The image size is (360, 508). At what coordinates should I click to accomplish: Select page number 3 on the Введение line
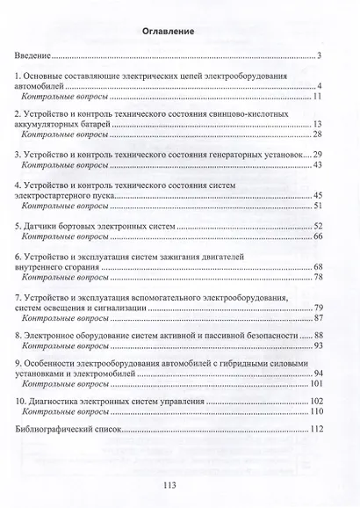pyautogui.click(x=320, y=57)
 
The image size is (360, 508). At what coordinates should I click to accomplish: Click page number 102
pyautogui.click(x=317, y=400)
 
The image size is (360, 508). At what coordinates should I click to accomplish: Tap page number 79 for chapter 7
pyautogui.click(x=319, y=307)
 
